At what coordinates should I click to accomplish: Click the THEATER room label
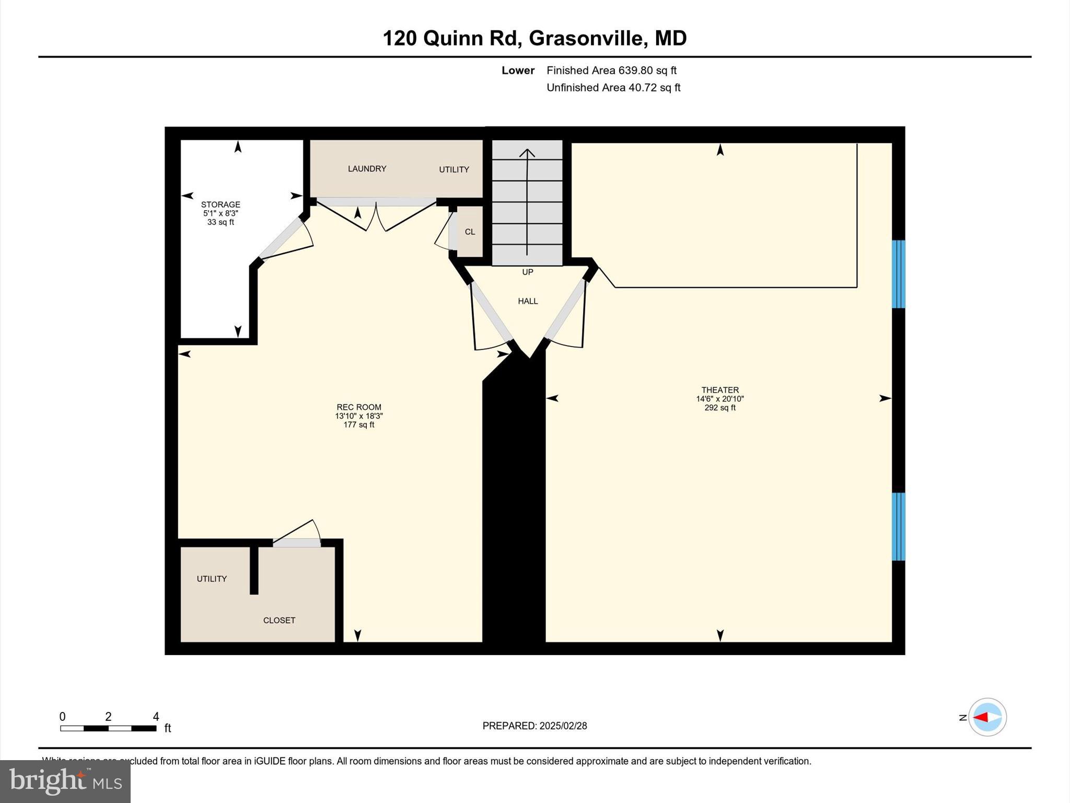click(x=720, y=390)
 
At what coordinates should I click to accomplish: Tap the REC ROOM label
click(x=359, y=407)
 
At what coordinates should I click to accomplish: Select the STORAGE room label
click(x=220, y=204)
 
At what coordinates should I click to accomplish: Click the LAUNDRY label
click(x=367, y=169)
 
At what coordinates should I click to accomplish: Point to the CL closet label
click(x=470, y=232)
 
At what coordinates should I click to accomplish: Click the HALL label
click(x=528, y=301)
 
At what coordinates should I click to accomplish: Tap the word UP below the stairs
click(x=528, y=272)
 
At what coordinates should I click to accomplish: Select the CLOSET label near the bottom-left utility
click(x=279, y=621)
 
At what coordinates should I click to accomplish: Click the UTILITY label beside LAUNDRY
click(x=453, y=169)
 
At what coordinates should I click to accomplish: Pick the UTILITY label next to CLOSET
click(x=212, y=579)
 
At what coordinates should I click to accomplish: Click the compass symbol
click(x=987, y=717)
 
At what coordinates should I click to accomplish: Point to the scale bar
click(x=108, y=728)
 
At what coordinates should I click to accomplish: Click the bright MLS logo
click(x=65, y=781)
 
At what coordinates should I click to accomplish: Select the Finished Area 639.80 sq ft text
click(x=611, y=71)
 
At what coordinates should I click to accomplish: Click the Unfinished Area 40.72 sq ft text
click(x=613, y=88)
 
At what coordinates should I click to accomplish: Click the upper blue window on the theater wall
click(x=898, y=274)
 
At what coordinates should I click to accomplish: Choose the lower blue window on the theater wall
click(x=898, y=526)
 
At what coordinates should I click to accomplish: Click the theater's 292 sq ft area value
click(x=720, y=408)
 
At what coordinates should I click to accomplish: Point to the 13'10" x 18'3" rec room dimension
click(x=359, y=416)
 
